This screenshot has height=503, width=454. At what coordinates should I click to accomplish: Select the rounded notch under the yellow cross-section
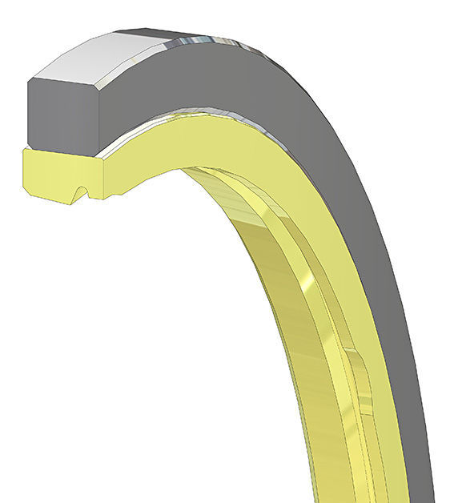pos(79,193)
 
